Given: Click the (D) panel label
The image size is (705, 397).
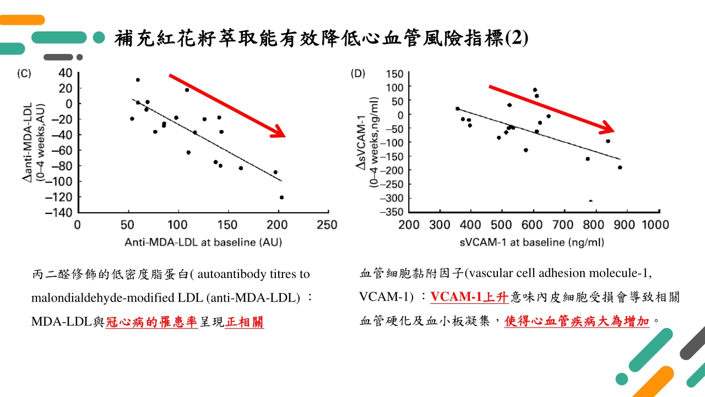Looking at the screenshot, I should [358, 74].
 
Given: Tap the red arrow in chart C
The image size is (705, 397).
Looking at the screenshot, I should [226, 105].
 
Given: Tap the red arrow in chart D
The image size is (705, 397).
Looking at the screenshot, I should [551, 109].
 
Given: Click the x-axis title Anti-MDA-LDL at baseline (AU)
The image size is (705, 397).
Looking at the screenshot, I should [203, 242].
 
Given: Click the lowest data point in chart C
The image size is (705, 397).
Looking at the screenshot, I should [281, 197].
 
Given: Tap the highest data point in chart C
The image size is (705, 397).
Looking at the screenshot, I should [138, 80].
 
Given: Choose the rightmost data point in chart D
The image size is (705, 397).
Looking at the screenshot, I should [620, 168].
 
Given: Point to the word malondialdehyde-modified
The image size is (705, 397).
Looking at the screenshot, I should [86, 298].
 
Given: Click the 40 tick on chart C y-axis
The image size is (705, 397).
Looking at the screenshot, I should [66, 73].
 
